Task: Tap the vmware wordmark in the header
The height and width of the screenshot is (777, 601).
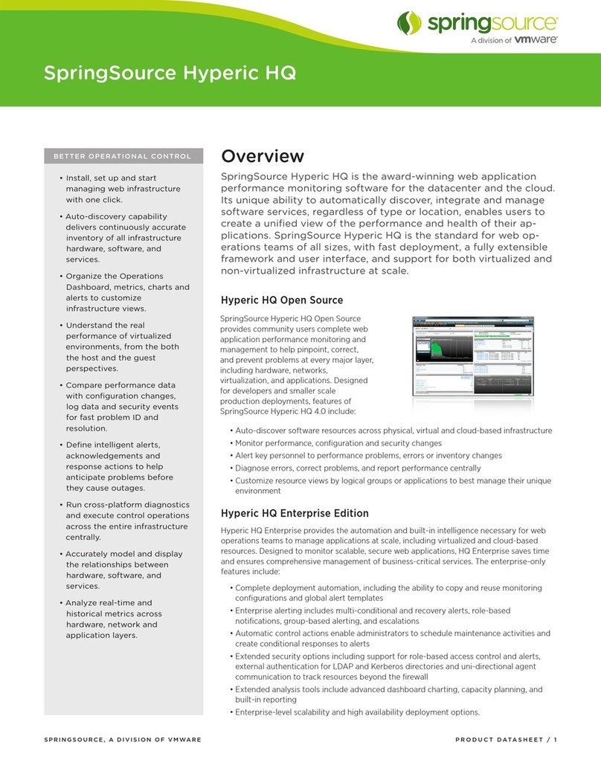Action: tap(537, 41)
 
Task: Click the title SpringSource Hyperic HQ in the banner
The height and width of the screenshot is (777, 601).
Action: tap(170, 74)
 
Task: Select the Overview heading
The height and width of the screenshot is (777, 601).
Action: tap(263, 156)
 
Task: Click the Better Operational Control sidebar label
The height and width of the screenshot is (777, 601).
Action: tap(122, 156)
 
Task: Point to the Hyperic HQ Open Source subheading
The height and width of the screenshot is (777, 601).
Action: tap(282, 300)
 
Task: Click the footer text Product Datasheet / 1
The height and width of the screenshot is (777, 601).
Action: tap(506, 740)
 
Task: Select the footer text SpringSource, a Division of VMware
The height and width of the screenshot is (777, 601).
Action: tap(122, 740)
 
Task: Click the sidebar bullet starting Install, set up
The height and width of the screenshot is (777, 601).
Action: tap(123, 189)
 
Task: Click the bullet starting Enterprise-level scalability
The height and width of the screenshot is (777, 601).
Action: tap(357, 712)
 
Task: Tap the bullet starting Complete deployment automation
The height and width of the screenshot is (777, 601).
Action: tap(388, 593)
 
